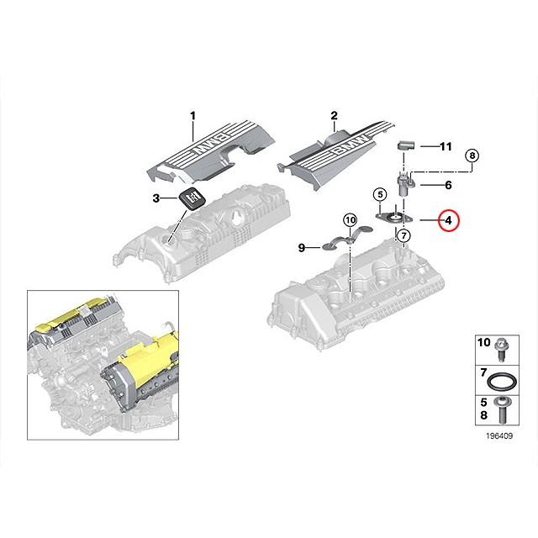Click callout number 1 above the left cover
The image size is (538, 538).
coord(192,114)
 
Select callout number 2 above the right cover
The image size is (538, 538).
coord(334,115)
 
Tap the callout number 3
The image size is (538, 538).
coord(155,198)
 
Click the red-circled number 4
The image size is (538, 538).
coord(448,221)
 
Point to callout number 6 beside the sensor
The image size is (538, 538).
coord(448,184)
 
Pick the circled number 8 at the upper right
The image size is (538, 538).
coord(472,156)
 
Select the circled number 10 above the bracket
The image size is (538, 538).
coord(350,220)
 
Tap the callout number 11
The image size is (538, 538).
coord(446,146)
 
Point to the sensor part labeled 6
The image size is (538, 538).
coord(403,182)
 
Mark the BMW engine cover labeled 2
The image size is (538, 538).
coord(336,156)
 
